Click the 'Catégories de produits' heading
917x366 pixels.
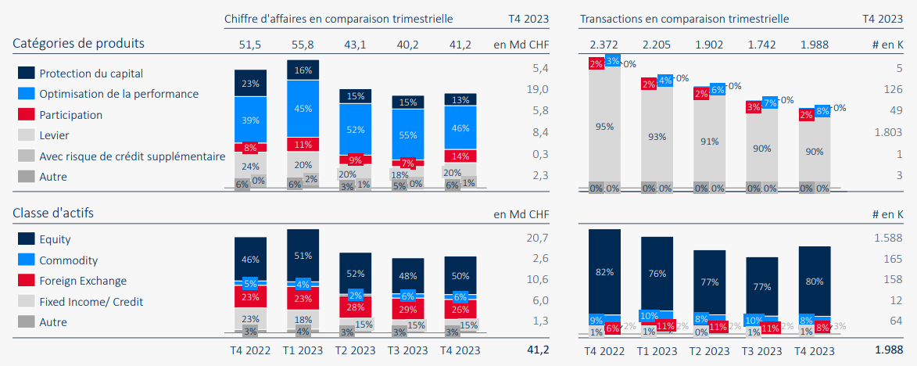(78, 43)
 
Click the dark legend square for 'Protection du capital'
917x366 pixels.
(26, 73)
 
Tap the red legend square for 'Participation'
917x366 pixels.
(26, 115)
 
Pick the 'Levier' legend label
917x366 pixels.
(53, 135)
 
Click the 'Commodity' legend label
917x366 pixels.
(68, 260)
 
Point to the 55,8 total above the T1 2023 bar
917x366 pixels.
(303, 45)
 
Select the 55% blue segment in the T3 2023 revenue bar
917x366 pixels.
(408, 135)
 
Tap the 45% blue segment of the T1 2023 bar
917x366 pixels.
(303, 109)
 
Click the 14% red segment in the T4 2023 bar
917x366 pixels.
(460, 156)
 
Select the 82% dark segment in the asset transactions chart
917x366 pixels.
(604, 271)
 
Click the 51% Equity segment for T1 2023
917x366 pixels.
(303, 254)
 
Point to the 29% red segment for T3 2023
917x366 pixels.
(408, 311)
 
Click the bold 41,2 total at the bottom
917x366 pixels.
(537, 350)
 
